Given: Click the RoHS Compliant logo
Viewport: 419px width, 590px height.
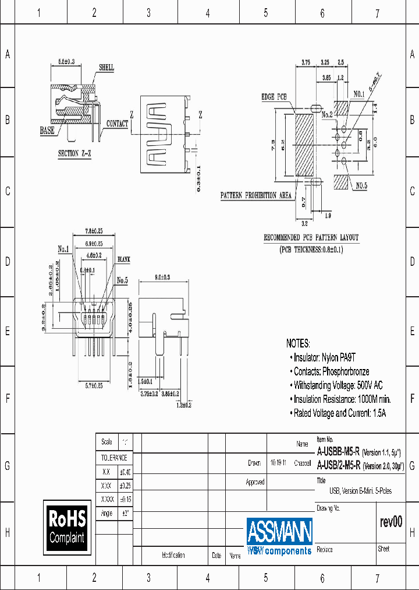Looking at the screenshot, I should pyautogui.click(x=67, y=527).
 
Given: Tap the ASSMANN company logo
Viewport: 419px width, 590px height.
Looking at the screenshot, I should pyautogui.click(x=279, y=536).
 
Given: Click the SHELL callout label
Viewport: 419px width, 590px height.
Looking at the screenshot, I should pyautogui.click(x=106, y=68).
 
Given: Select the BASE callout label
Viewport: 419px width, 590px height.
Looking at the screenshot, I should pyautogui.click(x=47, y=131).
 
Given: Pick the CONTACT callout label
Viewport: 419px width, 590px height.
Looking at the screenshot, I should pyautogui.click(x=117, y=124).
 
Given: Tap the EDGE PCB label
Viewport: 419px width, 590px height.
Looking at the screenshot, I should pyautogui.click(x=274, y=97).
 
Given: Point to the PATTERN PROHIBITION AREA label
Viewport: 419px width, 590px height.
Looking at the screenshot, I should pyautogui.click(x=255, y=195).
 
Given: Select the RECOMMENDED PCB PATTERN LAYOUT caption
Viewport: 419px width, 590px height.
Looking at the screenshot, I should pyautogui.click(x=311, y=238).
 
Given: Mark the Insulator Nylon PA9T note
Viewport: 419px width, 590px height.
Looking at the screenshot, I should pyautogui.click(x=326, y=357).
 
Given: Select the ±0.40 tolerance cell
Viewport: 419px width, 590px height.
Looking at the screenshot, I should pyautogui.click(x=125, y=472).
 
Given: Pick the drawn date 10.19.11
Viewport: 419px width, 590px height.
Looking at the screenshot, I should pyautogui.click(x=278, y=463).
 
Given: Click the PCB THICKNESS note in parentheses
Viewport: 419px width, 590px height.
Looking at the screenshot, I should pyautogui.click(x=311, y=250).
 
